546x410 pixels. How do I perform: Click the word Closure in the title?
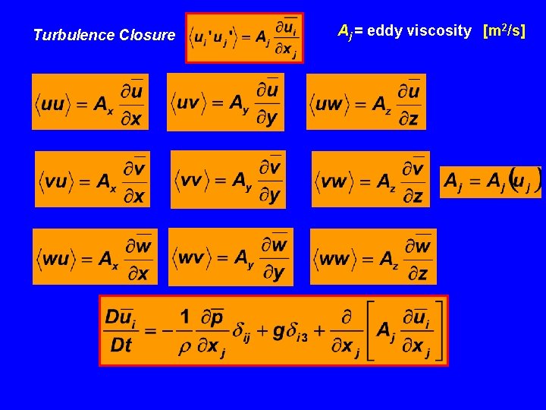coord(147,35)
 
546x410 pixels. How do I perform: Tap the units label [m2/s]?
coord(504,31)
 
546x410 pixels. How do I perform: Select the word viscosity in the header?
coord(438,31)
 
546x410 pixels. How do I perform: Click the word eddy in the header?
coord(384,31)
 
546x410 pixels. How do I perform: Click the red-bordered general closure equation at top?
coord(244,37)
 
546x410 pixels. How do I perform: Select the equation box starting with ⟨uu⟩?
coord(90,102)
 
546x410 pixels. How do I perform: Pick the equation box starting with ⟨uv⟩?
coord(226,102)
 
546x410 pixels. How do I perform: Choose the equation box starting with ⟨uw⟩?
coord(366,102)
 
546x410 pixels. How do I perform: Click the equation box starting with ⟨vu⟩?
coord(93,179)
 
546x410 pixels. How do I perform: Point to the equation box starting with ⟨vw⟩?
coord(370,179)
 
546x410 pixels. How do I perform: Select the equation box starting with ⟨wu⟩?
coord(95,257)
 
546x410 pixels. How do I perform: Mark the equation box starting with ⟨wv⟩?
coord(231,257)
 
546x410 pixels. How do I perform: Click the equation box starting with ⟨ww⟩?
coord(372,257)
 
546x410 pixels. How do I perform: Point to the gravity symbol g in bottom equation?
coord(278,330)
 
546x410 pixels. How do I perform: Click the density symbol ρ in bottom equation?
coord(184,347)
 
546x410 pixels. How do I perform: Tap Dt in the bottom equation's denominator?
coord(121,345)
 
